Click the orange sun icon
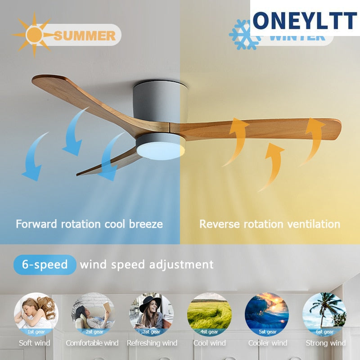coord(34,35)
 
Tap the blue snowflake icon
coord(245,35)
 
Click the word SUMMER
coord(84,36)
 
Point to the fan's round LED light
coord(161,149)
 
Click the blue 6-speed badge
coord(45,265)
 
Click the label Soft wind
coord(35,343)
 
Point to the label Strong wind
coord(325,343)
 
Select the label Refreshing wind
coord(152,343)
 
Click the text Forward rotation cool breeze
coord(89,224)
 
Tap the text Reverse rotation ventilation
coord(270,224)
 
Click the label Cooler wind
coord(268,343)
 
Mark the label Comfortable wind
coord(92,343)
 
